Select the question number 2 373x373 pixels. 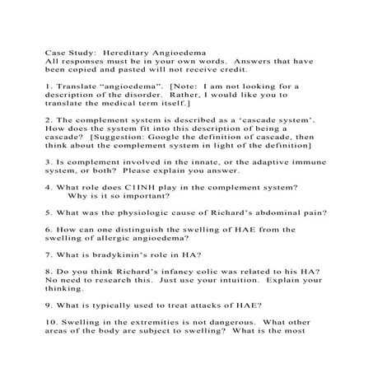[x=49, y=118]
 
